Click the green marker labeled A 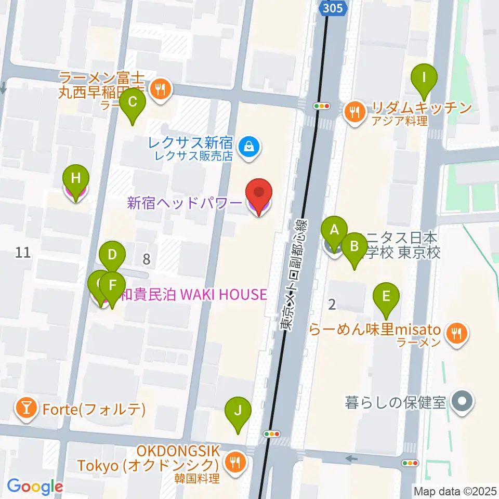pos(334,229)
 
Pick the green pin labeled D pos(112,255)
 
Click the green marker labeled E pos(386,296)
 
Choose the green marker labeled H pos(76,178)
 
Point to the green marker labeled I pos(424,78)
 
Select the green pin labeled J pos(238,411)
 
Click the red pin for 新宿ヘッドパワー pos(259,193)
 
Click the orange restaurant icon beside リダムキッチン pos(356,111)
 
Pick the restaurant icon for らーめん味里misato pos(457,332)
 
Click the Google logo pos(35,487)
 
